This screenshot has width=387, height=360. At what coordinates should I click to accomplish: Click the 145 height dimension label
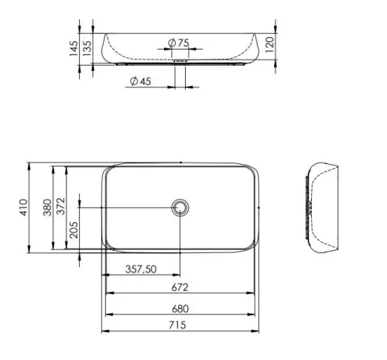pos(74,48)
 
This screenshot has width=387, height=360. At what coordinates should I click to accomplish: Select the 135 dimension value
pos(87,48)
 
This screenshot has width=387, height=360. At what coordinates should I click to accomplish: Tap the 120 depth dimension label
pos(269,45)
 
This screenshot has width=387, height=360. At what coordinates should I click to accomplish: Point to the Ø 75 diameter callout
pos(179,43)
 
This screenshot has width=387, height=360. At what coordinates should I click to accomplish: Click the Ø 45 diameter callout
pos(141,81)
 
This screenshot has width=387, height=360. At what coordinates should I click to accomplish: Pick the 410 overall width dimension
pos(23,207)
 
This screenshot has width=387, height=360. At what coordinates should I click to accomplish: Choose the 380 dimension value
pos(47,207)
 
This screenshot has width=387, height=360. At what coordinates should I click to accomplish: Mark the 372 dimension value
pos(61,206)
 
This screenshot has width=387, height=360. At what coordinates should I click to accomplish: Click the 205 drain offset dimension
pos(74,230)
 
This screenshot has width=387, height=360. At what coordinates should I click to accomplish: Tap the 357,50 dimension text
pos(141,269)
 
